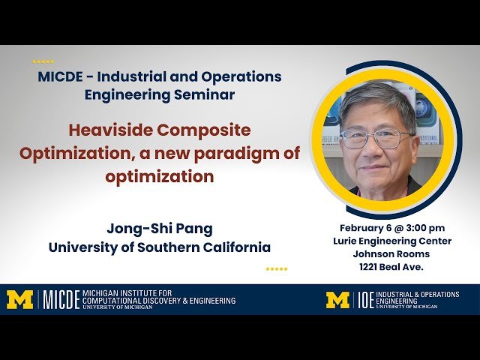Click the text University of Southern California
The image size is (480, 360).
tap(160, 247)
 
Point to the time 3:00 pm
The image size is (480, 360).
tap(423, 228)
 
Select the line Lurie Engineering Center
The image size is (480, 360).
tap(392, 241)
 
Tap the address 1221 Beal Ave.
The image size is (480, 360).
tap(392, 266)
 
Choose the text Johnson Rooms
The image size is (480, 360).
tap(392, 253)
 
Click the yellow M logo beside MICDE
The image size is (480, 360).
tap(20, 300)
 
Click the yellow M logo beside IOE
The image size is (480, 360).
tap(338, 300)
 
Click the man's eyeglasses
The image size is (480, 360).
tap(376, 138)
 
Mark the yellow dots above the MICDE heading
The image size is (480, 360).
tap(43, 61)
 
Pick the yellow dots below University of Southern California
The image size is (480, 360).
tap(277, 268)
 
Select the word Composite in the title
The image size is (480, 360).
tap(203, 130)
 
